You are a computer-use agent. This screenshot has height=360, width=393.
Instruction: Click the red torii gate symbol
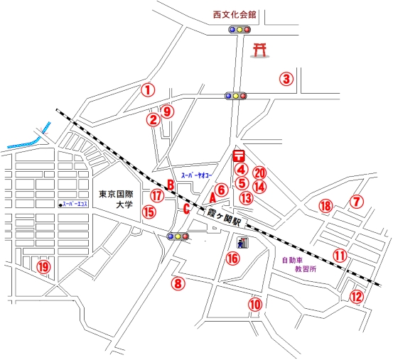tap(259, 50)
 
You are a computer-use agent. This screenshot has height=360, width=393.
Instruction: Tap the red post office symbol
tap(239, 156)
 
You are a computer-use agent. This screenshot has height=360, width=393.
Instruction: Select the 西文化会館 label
tap(235, 15)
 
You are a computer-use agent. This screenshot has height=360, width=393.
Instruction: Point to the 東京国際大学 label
tap(116, 200)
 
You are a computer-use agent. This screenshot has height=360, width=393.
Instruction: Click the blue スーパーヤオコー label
tap(196, 176)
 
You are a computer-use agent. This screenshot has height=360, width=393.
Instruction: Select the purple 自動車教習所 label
tap(299, 265)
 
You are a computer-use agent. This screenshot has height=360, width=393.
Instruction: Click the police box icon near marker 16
tap(242, 243)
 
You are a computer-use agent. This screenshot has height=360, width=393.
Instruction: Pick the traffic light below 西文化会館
tap(239, 30)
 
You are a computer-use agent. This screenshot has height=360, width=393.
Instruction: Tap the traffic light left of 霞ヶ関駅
tap(178, 236)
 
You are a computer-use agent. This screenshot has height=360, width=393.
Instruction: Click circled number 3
tap(286, 79)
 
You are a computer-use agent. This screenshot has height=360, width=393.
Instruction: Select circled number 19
tap(43, 267)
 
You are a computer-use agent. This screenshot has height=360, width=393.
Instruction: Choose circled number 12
tap(356, 297)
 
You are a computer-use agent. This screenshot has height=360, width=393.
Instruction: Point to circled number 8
tap(178, 283)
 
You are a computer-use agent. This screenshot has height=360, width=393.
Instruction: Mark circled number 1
tap(148, 90)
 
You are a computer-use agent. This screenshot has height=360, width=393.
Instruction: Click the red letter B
tap(171, 185)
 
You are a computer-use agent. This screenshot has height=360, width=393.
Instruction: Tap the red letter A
tap(212, 198)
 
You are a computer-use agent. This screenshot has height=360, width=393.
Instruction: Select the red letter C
tap(186, 209)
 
